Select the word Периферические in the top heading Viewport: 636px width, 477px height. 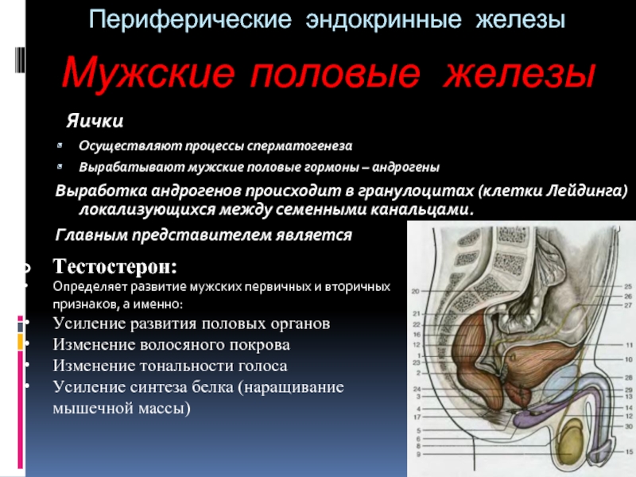[x=190, y=20]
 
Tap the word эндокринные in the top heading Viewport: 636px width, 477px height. [x=384, y=20]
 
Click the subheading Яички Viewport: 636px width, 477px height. [x=95, y=121]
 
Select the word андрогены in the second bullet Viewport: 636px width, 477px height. [x=405, y=167]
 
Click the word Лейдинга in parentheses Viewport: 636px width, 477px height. [x=587, y=191]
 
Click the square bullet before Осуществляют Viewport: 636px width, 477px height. [x=60, y=145]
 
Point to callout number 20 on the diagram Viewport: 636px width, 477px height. [x=415, y=291]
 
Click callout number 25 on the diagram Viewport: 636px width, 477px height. [x=628, y=286]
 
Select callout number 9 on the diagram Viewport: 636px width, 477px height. [x=418, y=454]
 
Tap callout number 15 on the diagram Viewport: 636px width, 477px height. [x=629, y=452]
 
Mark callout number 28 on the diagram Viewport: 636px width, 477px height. [x=629, y=378]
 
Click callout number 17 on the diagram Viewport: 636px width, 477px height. [x=417, y=417]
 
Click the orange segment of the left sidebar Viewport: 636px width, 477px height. [x=21, y=342]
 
